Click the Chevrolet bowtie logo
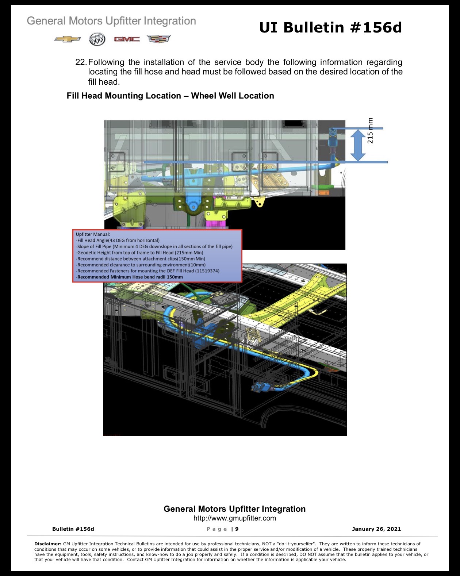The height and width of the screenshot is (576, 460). click(x=67, y=39)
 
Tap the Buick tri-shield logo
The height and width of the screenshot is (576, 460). click(x=97, y=39)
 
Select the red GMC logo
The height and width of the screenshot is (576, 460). click(x=127, y=39)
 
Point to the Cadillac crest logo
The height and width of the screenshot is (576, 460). click(x=158, y=39)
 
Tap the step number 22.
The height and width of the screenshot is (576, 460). click(x=81, y=62)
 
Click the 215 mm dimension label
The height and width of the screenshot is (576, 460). click(x=370, y=131)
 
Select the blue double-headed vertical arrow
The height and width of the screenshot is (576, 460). click(x=358, y=145)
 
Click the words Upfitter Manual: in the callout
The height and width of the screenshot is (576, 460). click(x=93, y=234)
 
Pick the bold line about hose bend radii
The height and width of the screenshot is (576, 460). click(x=129, y=277)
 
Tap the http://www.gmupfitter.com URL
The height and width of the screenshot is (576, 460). click(x=234, y=518)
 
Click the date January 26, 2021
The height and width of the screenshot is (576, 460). click(x=376, y=529)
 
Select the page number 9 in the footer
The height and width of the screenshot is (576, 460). click(x=237, y=529)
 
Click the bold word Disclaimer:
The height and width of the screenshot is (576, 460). click(x=48, y=544)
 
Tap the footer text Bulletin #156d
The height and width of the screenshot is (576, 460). click(x=73, y=529)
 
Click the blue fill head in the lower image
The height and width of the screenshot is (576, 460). click(x=260, y=387)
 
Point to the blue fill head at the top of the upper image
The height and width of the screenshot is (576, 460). click(x=333, y=137)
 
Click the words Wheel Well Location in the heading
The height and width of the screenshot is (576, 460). click(x=233, y=96)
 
